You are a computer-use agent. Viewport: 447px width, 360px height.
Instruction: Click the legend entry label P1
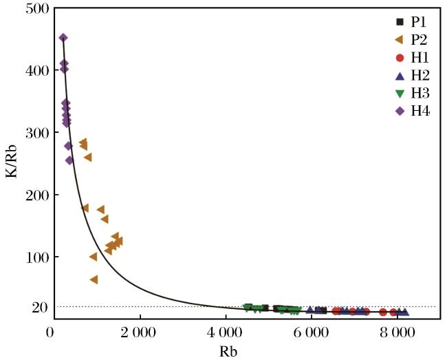(418, 22)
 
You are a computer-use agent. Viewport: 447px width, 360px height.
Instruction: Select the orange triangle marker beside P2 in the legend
(400, 40)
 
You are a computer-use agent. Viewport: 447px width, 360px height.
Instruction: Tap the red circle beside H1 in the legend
(400, 58)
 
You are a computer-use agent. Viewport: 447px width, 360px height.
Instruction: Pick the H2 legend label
(420, 76)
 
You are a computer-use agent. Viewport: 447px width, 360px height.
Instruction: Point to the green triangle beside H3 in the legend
(400, 94)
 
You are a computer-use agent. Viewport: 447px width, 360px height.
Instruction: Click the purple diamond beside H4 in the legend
(400, 112)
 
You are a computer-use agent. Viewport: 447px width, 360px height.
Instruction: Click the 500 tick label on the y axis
(37, 8)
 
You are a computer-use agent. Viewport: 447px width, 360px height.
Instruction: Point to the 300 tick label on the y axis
(37, 133)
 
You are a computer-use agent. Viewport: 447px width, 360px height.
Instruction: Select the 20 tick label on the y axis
(40, 308)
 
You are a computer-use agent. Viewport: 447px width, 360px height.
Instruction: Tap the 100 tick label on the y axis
(37, 257)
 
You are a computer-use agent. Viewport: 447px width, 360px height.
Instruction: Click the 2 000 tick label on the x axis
(138, 333)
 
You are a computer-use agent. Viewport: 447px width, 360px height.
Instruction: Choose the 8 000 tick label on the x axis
(396, 333)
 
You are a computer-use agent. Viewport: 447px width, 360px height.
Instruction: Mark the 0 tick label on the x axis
(50, 333)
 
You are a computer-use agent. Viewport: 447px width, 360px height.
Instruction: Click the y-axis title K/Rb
(11, 162)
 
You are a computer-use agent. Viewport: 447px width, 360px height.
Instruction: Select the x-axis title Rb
(228, 351)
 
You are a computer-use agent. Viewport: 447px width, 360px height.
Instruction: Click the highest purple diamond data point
(63, 38)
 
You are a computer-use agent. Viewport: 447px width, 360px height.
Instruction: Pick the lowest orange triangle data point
(94, 279)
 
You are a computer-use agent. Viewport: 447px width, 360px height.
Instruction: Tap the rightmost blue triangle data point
(404, 312)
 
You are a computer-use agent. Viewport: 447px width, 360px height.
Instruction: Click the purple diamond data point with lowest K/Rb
(69, 160)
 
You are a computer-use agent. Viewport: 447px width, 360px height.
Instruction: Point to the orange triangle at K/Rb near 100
(94, 257)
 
